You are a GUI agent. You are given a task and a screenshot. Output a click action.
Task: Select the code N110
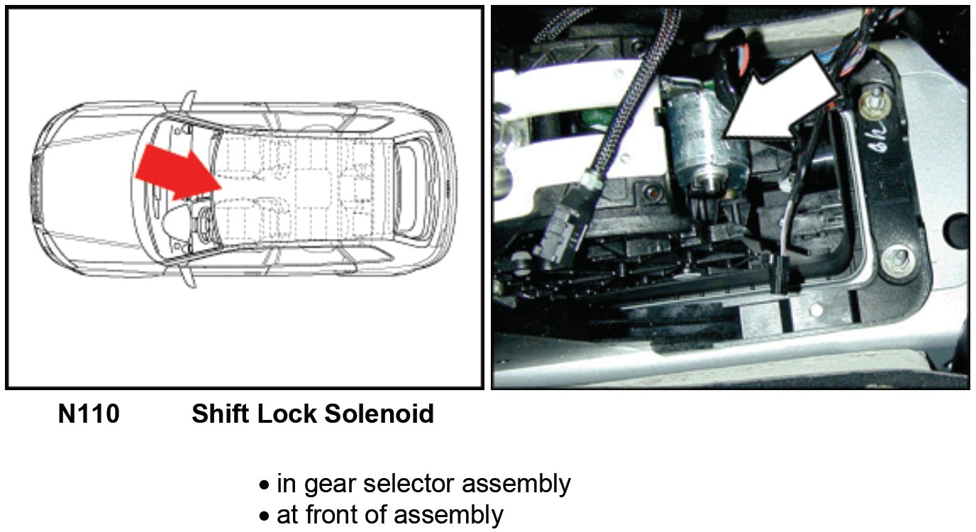coord(89,414)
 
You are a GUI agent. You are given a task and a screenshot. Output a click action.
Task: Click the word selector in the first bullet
coord(409,484)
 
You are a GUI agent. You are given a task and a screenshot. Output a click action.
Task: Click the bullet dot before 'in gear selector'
coord(265,486)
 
